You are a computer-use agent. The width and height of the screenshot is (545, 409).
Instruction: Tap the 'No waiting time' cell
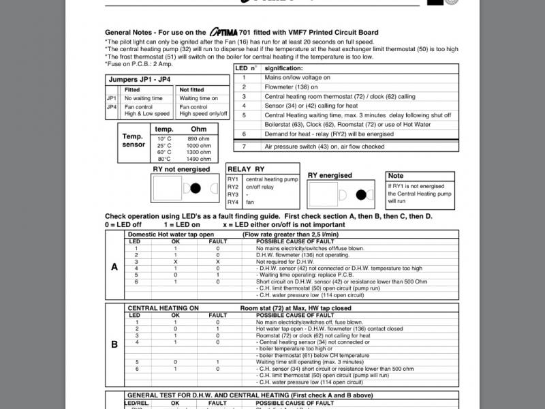[x=143, y=98]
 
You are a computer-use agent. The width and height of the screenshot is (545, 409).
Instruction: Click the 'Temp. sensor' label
[x=133, y=140]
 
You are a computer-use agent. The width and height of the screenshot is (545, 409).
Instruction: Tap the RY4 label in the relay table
[x=233, y=202]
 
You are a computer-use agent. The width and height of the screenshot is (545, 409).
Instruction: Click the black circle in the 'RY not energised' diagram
[x=196, y=187]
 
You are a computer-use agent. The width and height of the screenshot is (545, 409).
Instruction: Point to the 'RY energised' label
[x=330, y=175]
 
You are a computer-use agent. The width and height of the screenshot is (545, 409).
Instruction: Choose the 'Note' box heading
[x=396, y=176]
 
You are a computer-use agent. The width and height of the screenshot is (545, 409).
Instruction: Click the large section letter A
[x=114, y=267]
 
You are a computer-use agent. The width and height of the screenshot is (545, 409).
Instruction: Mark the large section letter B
[x=114, y=344]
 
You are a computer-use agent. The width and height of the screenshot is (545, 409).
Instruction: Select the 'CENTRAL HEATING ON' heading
[x=163, y=308]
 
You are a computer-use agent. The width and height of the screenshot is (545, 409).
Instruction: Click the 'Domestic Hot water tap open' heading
[x=176, y=234]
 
